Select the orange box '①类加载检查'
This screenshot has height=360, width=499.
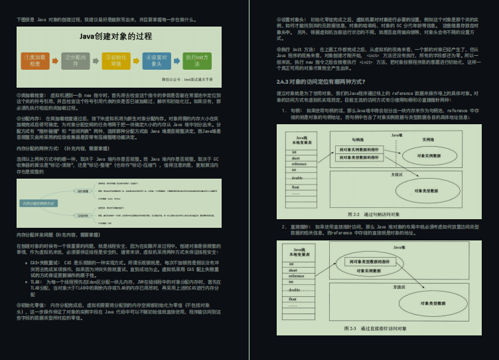click(x=35, y=60)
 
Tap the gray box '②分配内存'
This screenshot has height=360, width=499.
click(x=75, y=60)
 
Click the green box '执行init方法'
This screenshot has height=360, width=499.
click(x=196, y=60)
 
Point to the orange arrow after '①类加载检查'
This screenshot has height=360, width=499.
click(x=54, y=60)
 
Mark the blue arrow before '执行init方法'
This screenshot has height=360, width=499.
click(x=176, y=60)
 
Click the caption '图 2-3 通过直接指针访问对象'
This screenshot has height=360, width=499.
click(x=376, y=328)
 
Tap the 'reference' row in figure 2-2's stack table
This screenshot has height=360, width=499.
click(x=294, y=164)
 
